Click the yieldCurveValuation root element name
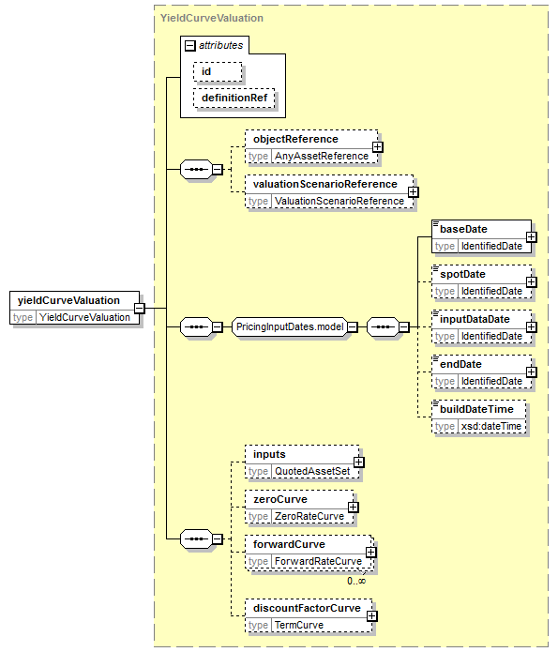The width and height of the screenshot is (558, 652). tap(68, 300)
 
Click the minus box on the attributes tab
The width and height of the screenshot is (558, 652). tap(190, 45)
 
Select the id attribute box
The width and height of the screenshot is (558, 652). tap(218, 71)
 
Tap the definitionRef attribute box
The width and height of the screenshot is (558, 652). tap(234, 99)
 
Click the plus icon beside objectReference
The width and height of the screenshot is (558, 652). tap(378, 147)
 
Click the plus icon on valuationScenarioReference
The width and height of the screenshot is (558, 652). tap(414, 192)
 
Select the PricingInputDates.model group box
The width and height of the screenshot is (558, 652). tap(290, 326)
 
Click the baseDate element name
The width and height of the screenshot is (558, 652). tap(463, 229)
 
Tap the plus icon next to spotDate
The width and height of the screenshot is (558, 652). tap(532, 282)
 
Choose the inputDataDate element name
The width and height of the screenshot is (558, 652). tap(475, 319)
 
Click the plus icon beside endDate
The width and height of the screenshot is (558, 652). tap(532, 372)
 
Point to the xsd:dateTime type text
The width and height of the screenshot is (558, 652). tap(491, 426)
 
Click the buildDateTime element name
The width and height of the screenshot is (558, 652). tap(476, 409)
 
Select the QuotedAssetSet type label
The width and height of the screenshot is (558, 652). tap(312, 471)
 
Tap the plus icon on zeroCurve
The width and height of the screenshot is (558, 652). tap(353, 508)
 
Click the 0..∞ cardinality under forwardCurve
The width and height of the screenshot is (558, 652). tap(356, 581)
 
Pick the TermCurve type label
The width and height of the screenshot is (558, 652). tap(299, 625)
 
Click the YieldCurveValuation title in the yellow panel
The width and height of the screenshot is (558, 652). tap(212, 18)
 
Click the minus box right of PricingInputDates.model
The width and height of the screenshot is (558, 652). tap(353, 327)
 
